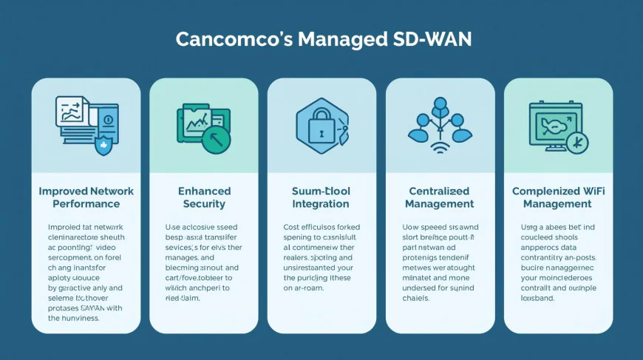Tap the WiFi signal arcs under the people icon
[440, 150]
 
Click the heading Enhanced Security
[204, 197]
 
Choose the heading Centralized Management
[440, 197]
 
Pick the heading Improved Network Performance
[86, 197]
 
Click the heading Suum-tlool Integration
[321, 197]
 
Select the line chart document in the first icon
[72, 112]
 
